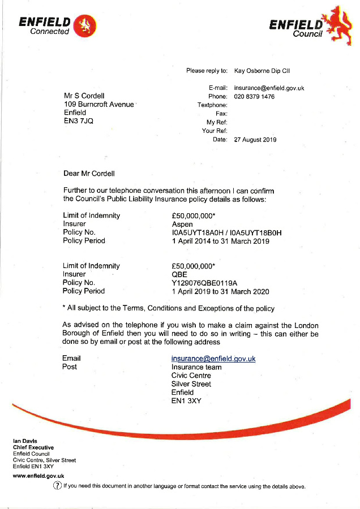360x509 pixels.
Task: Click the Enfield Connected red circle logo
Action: pyautogui.click(x=85, y=24)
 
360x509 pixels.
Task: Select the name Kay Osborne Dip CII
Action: pyautogui.click(x=262, y=71)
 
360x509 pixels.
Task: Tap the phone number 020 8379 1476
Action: pyautogui.click(x=254, y=97)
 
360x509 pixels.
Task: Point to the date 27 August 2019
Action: pyautogui.click(x=255, y=140)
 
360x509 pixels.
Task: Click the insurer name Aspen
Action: pyautogui.click(x=182, y=224)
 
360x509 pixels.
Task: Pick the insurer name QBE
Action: pyautogui.click(x=179, y=274)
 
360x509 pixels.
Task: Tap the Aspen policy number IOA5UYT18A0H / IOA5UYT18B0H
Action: pyautogui.click(x=226, y=232)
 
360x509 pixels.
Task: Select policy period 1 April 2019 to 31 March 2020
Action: pyautogui.click(x=220, y=291)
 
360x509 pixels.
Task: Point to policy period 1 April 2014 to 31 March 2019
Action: pyautogui.click(x=220, y=241)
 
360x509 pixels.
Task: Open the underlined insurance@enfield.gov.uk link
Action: pyautogui.click(x=213, y=359)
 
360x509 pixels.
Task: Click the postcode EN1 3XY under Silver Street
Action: pyautogui.click(x=186, y=401)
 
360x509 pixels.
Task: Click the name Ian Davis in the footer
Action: pyautogui.click(x=25, y=441)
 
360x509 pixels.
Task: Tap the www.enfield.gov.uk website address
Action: pyautogui.click(x=38, y=476)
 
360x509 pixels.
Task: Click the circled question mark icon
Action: pyautogui.click(x=57, y=486)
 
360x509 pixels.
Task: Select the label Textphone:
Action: pyautogui.click(x=212, y=105)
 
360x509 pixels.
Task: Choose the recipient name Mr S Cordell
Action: pyautogui.click(x=84, y=96)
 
